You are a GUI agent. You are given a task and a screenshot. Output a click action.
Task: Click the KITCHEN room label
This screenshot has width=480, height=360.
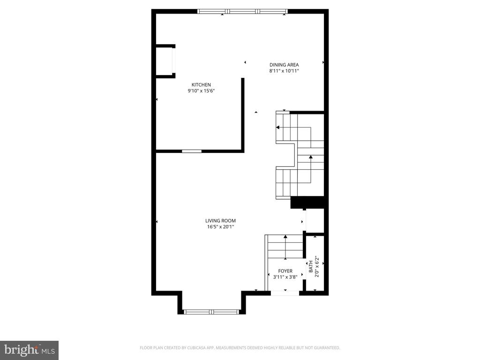click(x=201, y=85)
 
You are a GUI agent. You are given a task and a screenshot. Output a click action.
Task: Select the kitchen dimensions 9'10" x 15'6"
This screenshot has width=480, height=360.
click(x=201, y=91)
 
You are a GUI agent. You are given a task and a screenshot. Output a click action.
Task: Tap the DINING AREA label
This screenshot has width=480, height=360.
click(x=284, y=65)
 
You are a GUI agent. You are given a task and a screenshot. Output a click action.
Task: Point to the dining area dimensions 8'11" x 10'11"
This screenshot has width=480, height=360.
click(x=284, y=71)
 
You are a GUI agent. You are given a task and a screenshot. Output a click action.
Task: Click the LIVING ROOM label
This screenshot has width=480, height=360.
click(x=220, y=221)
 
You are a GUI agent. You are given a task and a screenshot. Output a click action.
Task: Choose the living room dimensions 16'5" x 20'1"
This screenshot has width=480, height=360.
click(x=220, y=227)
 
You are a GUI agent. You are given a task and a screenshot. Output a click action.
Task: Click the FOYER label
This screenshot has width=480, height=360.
click(x=285, y=271)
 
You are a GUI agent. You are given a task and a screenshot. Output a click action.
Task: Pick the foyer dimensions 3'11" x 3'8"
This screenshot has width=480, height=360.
click(x=285, y=277)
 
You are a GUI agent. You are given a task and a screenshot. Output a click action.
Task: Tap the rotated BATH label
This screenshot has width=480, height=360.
click(x=311, y=267)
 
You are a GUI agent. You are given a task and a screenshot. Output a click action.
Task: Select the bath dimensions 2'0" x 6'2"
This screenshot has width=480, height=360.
click(x=317, y=267)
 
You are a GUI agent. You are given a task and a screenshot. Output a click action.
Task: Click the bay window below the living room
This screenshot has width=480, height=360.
click(x=211, y=311)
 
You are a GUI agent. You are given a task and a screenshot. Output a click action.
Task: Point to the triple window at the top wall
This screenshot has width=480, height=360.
click(x=242, y=11)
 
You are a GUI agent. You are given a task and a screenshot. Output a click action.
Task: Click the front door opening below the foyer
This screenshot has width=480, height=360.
click(x=285, y=293)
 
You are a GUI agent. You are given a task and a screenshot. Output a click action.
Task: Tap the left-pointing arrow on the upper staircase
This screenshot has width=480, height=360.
click(x=278, y=127)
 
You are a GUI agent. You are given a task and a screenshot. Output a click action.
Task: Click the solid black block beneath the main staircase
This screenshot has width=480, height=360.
click(x=308, y=202)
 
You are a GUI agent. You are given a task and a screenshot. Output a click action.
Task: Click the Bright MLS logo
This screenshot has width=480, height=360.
click(x=29, y=350)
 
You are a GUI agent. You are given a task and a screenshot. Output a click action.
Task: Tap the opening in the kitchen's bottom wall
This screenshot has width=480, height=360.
click(x=192, y=151)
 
